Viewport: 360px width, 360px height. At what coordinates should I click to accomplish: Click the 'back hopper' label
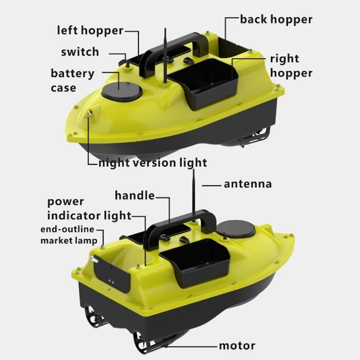pos(276,19)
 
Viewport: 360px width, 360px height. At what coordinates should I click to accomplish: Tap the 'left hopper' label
pos(90,31)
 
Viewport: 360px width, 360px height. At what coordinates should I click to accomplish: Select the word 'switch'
pos(80,52)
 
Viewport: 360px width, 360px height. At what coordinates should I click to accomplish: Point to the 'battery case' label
pos(72,80)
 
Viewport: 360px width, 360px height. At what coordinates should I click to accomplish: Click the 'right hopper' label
pos(291,66)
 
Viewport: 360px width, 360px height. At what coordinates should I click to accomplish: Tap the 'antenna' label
pos(247,184)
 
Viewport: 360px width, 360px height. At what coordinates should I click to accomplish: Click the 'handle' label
pos(135,195)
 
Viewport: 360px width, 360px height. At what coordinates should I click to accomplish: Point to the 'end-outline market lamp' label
pos(68,235)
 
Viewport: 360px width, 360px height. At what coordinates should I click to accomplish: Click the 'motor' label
pos(237,346)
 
